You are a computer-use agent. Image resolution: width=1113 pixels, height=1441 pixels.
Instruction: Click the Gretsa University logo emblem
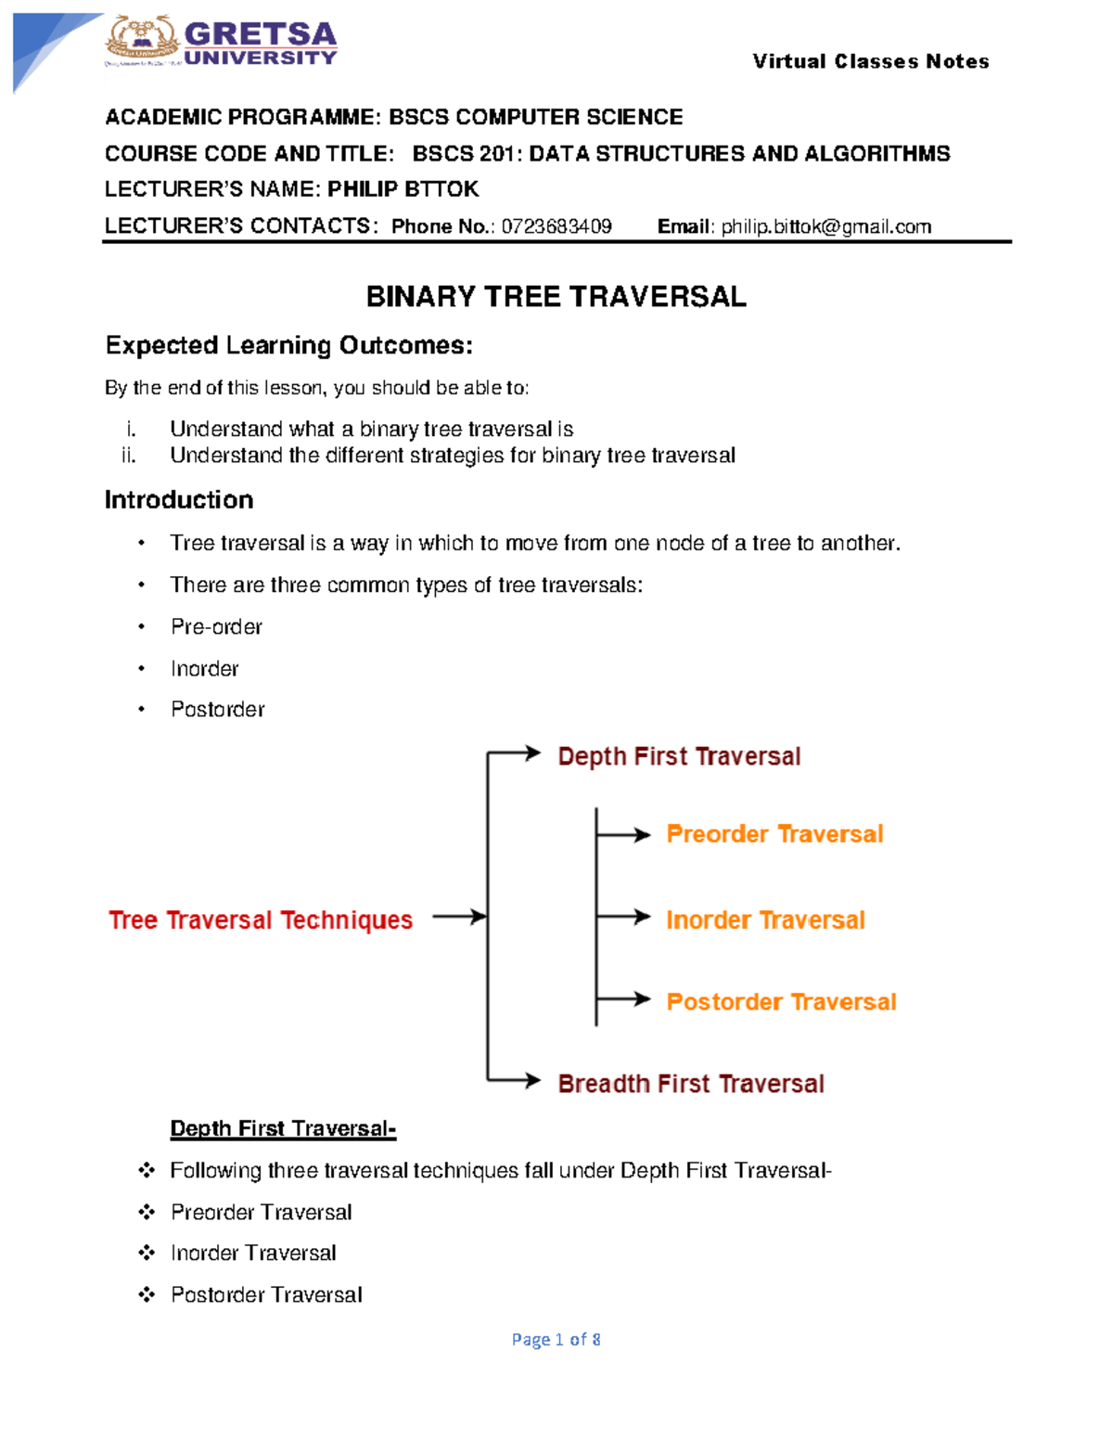(x=142, y=41)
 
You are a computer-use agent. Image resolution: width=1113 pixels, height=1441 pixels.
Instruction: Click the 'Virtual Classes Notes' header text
(x=870, y=61)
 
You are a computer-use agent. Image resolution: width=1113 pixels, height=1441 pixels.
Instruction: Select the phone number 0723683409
(x=556, y=226)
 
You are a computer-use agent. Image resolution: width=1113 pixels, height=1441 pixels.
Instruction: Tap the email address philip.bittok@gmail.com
(x=826, y=226)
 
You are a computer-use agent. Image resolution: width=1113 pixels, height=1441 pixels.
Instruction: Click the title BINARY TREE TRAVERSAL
(x=556, y=297)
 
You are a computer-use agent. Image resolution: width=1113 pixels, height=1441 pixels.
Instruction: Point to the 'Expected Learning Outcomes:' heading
(x=288, y=345)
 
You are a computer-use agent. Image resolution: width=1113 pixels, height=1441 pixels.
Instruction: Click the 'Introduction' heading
(x=179, y=500)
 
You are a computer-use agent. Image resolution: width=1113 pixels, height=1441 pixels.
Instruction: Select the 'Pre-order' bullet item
(x=216, y=627)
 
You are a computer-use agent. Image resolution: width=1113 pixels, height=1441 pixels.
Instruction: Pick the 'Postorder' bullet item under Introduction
(x=218, y=710)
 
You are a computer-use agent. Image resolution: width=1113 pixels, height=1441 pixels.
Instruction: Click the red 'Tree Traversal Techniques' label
(x=261, y=920)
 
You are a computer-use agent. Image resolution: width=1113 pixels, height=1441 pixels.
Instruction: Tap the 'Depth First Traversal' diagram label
(x=679, y=756)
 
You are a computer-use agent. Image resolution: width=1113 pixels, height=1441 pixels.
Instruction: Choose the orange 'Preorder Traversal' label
(x=774, y=834)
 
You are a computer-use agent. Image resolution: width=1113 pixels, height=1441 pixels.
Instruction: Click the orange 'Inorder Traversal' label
(x=765, y=920)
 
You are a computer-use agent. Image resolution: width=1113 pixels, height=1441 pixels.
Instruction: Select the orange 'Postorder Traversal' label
(x=781, y=1002)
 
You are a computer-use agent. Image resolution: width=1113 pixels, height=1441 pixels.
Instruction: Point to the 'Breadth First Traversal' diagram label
(x=691, y=1084)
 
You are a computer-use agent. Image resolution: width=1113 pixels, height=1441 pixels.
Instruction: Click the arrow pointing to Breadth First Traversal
(x=516, y=1080)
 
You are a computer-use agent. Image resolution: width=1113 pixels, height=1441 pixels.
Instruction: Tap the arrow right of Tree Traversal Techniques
(x=459, y=917)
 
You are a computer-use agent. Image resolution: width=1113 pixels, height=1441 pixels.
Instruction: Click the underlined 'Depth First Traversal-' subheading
(x=283, y=1128)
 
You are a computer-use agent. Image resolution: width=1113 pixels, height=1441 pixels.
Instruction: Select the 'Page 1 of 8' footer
(x=556, y=1339)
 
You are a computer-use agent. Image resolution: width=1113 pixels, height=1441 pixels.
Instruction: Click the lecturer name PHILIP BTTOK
(x=403, y=189)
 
